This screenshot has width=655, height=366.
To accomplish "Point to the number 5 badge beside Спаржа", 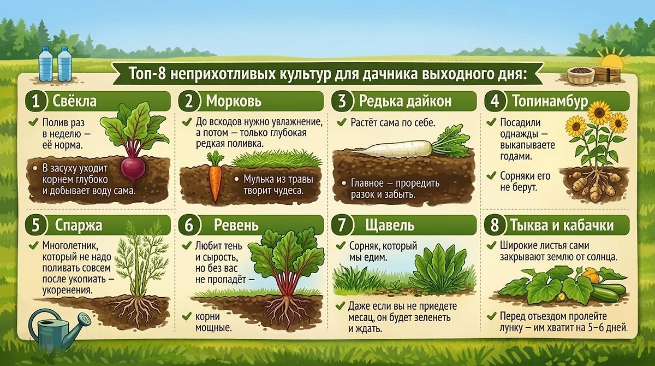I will point(36,225).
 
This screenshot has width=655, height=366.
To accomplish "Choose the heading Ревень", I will point(236,225).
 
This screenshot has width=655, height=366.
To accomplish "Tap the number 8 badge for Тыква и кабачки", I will point(495,225).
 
